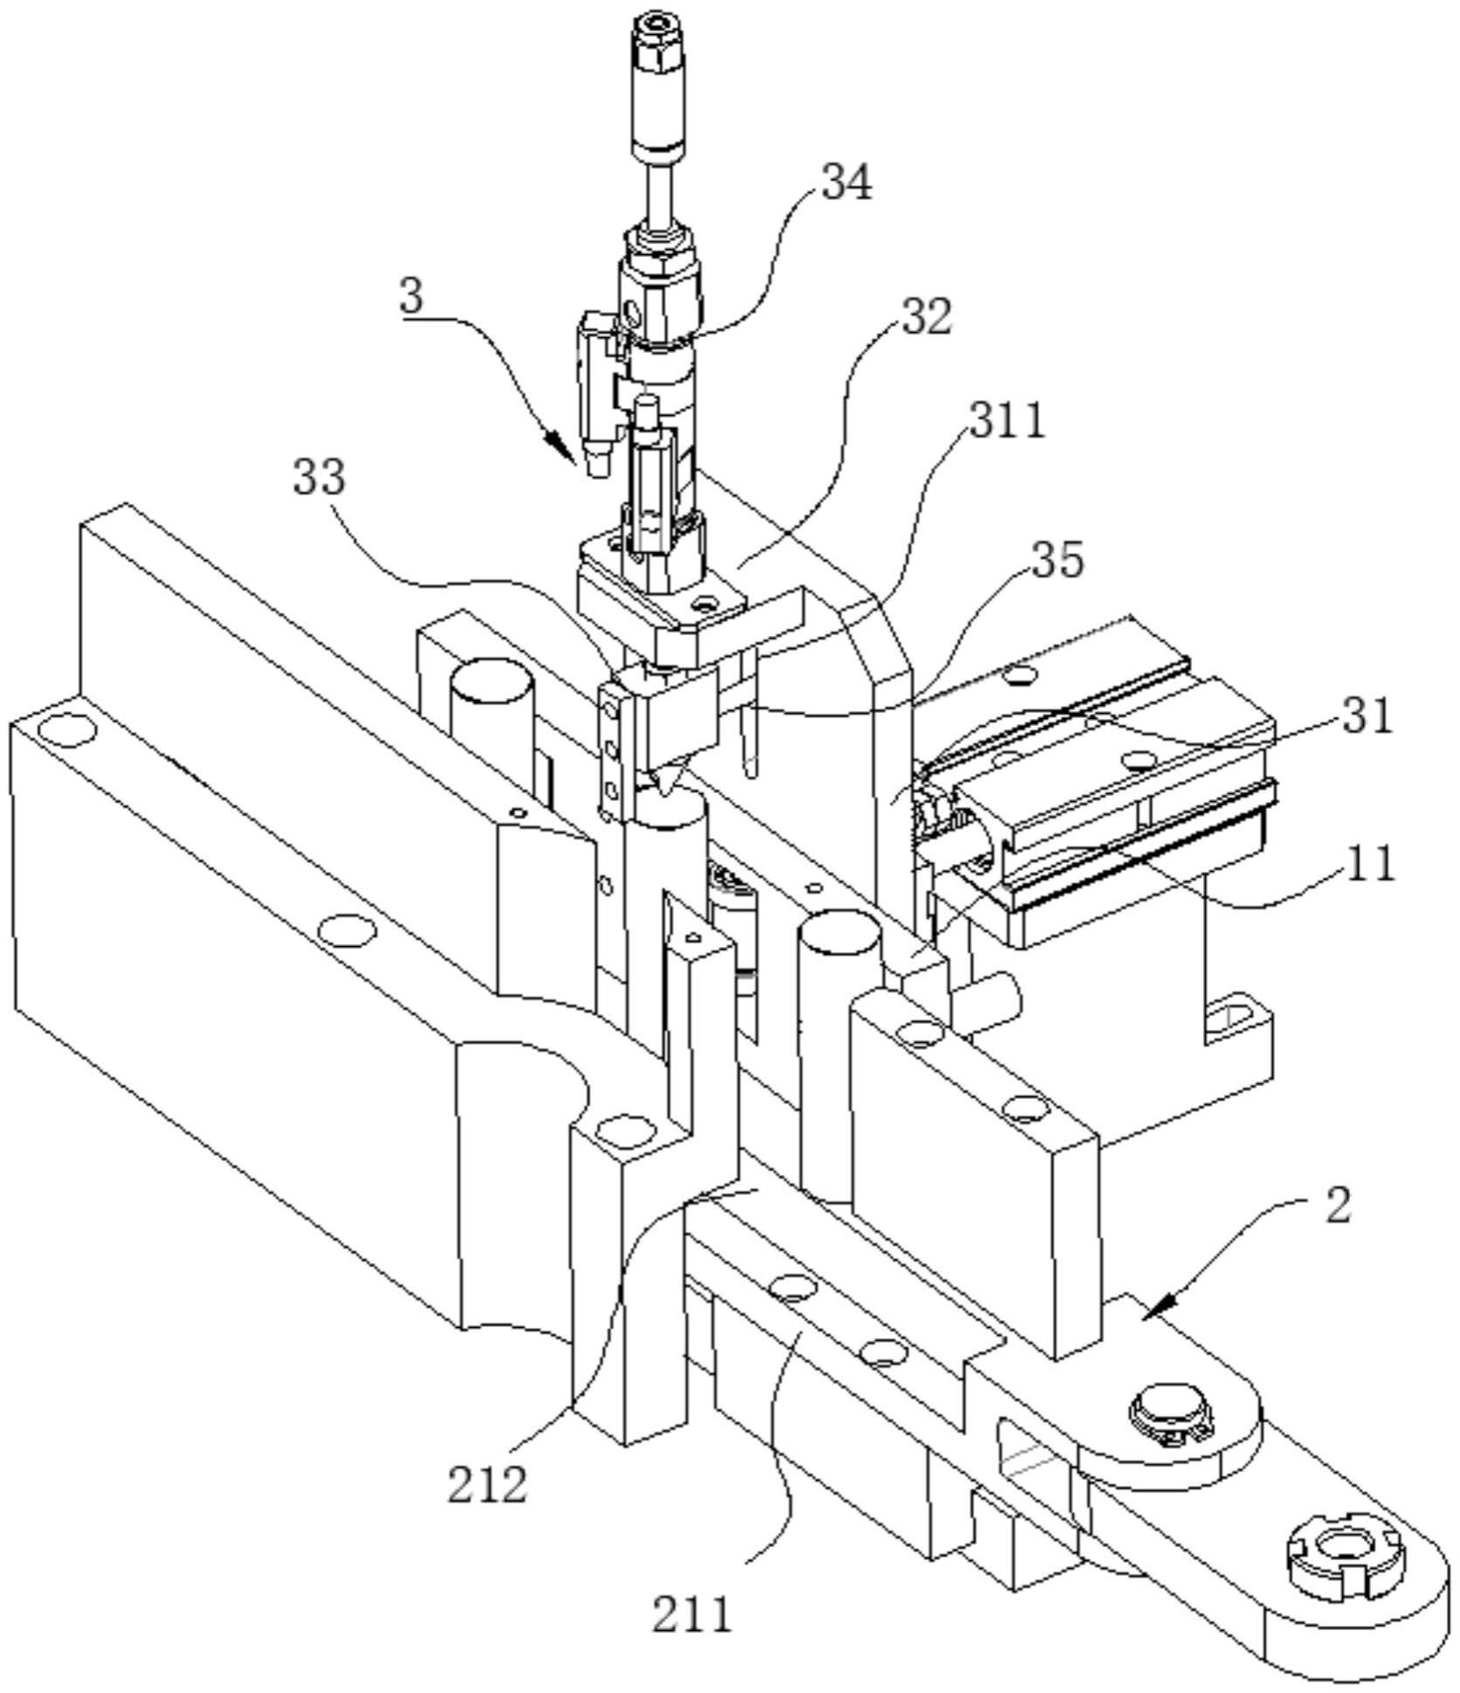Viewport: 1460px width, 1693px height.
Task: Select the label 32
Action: tap(926, 317)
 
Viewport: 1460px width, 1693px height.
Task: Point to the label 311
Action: tap(1007, 421)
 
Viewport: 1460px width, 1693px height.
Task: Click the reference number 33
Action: tap(319, 477)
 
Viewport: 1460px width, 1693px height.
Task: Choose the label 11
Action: tap(1367, 864)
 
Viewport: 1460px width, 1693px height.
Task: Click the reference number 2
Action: tap(1337, 1206)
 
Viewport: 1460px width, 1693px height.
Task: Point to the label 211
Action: tap(692, 1614)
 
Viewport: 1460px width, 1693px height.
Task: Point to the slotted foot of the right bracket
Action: tap(1236, 1018)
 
